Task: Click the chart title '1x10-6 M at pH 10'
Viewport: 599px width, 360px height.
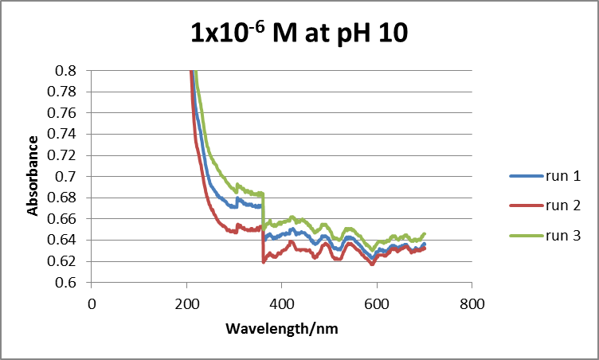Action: point(299,33)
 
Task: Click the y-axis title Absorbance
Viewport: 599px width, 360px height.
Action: point(33,176)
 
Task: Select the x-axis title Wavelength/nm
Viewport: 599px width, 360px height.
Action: point(281,328)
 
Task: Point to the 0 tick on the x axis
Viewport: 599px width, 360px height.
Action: point(92,303)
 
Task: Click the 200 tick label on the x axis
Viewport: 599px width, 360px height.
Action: point(186,303)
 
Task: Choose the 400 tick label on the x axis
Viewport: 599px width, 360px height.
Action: point(282,303)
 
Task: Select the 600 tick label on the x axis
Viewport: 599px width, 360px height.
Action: point(377,303)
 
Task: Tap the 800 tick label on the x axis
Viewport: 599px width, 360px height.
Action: point(472,303)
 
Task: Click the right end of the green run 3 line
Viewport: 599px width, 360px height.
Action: point(425,233)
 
